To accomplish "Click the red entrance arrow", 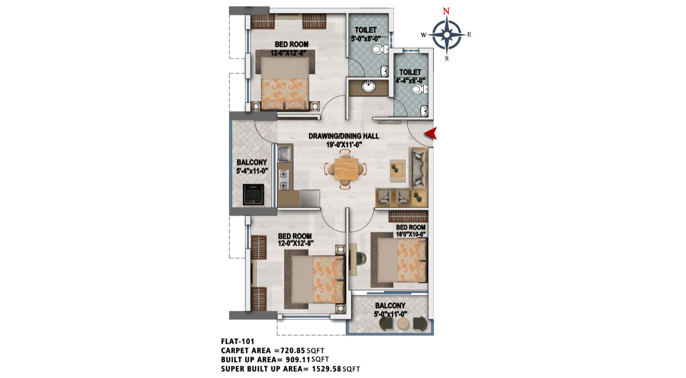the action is pyautogui.click(x=431, y=134).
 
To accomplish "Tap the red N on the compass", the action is pyautogui.click(x=446, y=11).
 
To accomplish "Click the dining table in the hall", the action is pyautogui.click(x=346, y=169).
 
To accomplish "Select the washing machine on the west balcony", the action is pyautogui.click(x=253, y=194).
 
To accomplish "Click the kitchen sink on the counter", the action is pyautogui.click(x=284, y=154).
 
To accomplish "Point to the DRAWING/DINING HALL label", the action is pyautogui.click(x=343, y=136).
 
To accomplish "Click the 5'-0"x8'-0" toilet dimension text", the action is pyautogui.click(x=366, y=38).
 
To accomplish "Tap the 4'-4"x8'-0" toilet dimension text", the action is pyautogui.click(x=410, y=81).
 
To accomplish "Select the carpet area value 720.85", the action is pyautogui.click(x=293, y=351).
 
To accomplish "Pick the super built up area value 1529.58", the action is pyautogui.click(x=326, y=369).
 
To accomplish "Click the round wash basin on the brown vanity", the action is pyautogui.click(x=368, y=86).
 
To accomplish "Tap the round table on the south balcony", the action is pyautogui.click(x=403, y=324).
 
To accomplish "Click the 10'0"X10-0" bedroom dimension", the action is pyautogui.click(x=411, y=235).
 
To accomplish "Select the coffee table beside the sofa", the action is pyautogui.click(x=397, y=171).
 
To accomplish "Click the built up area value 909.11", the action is pyautogui.click(x=298, y=359).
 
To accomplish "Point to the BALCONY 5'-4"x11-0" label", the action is pyautogui.click(x=252, y=166).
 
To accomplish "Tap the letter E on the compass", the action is pyautogui.click(x=469, y=35).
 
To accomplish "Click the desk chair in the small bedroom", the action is pyautogui.click(x=362, y=258).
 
